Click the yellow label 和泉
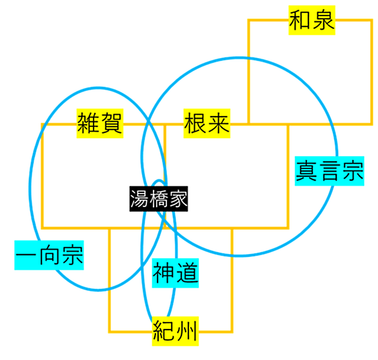click(x=312, y=20)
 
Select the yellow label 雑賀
click(x=100, y=123)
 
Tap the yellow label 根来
click(x=207, y=123)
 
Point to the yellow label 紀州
click(x=175, y=332)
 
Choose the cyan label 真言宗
click(x=330, y=171)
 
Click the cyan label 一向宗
click(x=49, y=255)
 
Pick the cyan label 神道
click(x=175, y=273)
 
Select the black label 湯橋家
click(x=159, y=199)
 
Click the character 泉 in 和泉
click(x=323, y=20)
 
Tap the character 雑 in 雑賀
click(x=88, y=123)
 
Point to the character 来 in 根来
click(x=219, y=123)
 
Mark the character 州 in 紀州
click(x=186, y=332)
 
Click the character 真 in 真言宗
click(x=306, y=171)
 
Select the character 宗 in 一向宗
click(x=72, y=255)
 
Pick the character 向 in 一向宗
click(x=49, y=255)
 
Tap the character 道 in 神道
click(x=186, y=273)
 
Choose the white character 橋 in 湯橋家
click(x=159, y=199)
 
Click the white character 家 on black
click(x=178, y=199)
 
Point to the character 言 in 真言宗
click(x=330, y=171)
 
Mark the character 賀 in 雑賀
click(x=111, y=123)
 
